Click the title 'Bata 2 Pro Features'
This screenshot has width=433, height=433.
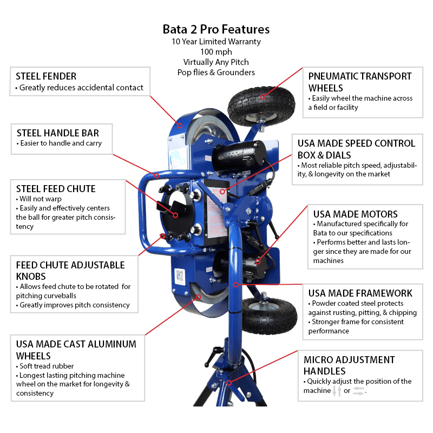click(216, 29)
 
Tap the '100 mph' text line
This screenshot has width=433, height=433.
click(216, 51)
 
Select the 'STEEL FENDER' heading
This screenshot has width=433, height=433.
click(46, 76)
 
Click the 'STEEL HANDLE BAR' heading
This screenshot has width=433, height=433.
click(58, 133)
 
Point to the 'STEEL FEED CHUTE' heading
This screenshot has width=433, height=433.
click(56, 189)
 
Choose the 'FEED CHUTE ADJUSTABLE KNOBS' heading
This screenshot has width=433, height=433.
click(70, 271)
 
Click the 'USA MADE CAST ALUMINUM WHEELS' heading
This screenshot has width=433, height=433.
click(76, 350)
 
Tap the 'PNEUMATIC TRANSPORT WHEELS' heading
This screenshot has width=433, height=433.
click(360, 82)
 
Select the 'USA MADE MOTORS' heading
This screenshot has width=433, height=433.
click(355, 214)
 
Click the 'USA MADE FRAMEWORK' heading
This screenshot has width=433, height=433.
click(360, 293)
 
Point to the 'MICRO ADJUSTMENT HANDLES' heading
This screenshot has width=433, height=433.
click(349, 365)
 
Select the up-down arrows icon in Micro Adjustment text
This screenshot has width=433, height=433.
click(336, 391)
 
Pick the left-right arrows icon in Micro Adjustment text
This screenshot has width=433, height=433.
click(359, 391)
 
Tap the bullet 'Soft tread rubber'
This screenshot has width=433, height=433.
click(49, 366)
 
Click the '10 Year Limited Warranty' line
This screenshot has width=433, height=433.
click(216, 41)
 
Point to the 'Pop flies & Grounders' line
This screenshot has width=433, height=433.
click(216, 72)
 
